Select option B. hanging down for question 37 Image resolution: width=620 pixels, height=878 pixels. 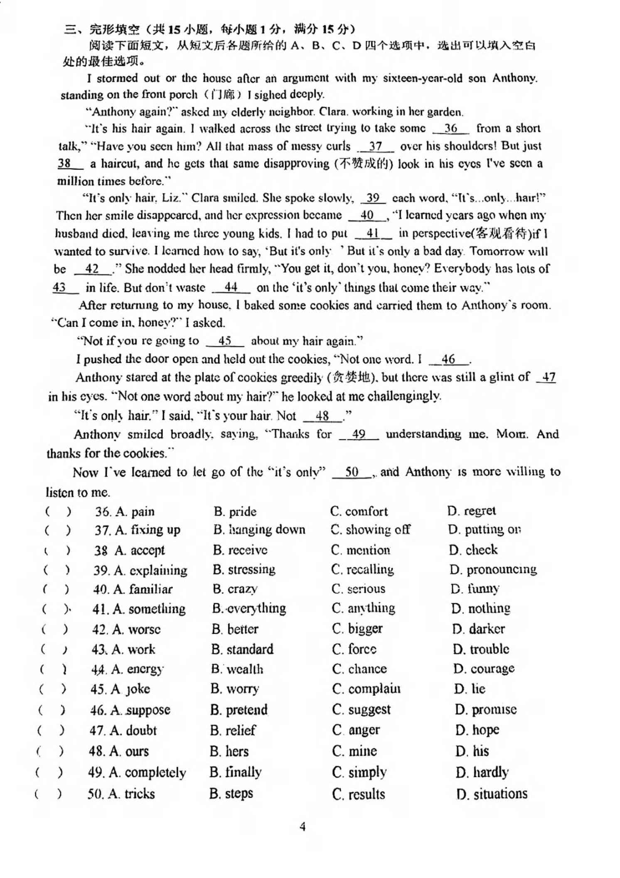click(x=259, y=530)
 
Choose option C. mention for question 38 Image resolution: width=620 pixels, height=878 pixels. click(x=360, y=550)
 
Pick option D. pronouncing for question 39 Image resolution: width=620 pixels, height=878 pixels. click(x=493, y=569)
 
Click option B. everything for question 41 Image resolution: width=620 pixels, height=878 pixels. click(x=249, y=609)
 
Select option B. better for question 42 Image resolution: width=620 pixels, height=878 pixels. click(x=234, y=629)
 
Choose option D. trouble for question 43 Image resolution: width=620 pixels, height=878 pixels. click(x=481, y=649)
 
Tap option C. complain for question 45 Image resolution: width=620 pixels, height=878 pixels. click(x=366, y=689)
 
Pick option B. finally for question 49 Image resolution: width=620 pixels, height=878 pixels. click(x=236, y=772)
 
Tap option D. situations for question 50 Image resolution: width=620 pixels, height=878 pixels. click(x=492, y=794)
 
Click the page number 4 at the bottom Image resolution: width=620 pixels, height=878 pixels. click(x=303, y=826)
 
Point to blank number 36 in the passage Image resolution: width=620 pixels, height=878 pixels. click(x=450, y=128)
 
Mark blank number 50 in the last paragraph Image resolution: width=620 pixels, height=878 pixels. click(x=352, y=472)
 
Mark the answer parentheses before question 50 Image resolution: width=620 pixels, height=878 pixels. click(x=48, y=794)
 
